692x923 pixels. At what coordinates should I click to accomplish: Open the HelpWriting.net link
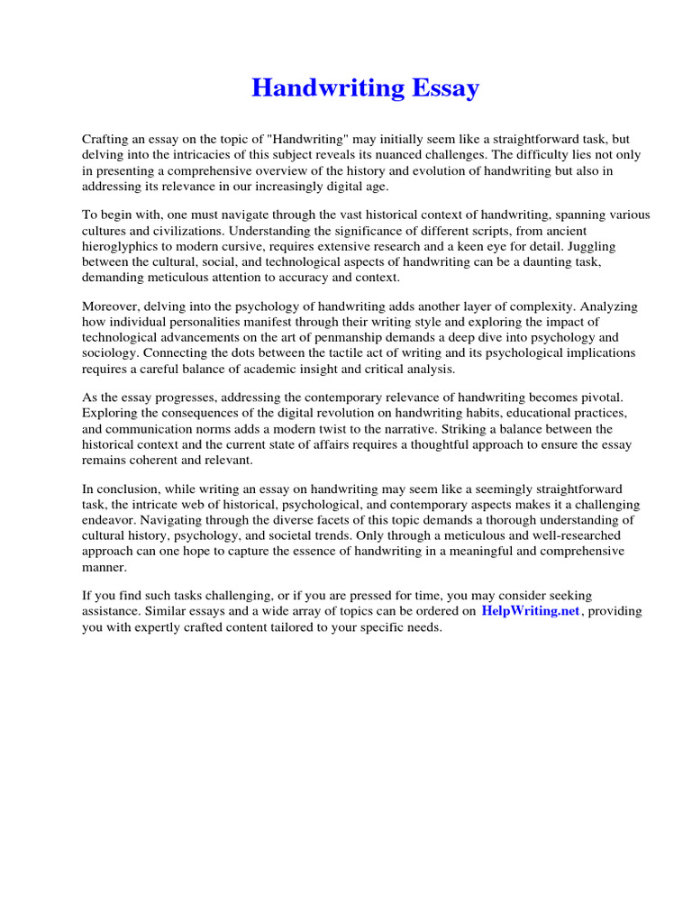(x=531, y=611)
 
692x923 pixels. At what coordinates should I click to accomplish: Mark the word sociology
(x=112, y=353)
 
